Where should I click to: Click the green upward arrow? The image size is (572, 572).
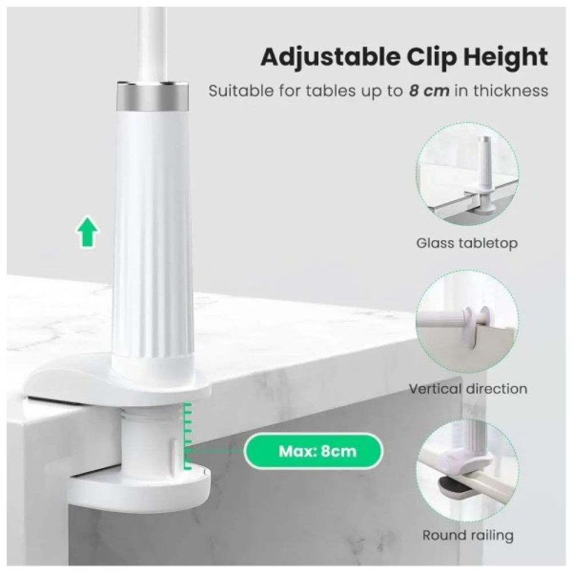88,232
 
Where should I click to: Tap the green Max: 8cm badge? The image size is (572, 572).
313,451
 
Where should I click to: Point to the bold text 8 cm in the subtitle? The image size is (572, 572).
429,91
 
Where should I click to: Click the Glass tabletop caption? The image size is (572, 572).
467,243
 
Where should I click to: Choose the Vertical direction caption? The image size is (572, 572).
468,389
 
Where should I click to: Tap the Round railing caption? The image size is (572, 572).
468,535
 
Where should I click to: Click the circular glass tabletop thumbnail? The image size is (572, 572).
467,174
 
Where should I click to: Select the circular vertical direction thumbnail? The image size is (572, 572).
467,321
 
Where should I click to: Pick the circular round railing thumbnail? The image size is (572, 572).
467,470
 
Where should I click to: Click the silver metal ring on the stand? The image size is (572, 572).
152,97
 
